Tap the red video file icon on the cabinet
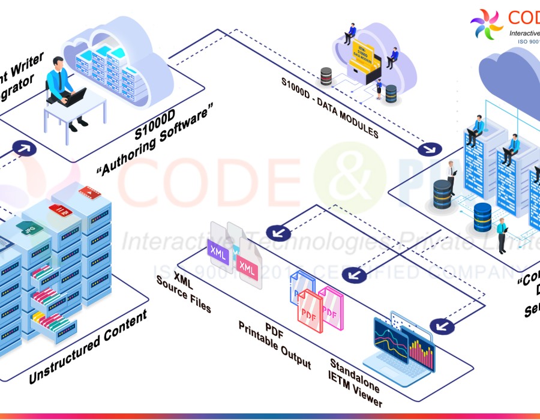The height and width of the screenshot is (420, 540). tap(87, 193)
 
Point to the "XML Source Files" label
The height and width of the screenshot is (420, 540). tap(184, 292)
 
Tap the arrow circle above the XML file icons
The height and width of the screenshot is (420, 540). tap(277, 232)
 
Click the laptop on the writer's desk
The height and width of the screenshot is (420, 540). tap(76, 97)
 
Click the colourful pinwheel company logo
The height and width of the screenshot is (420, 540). tap(487, 25)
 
